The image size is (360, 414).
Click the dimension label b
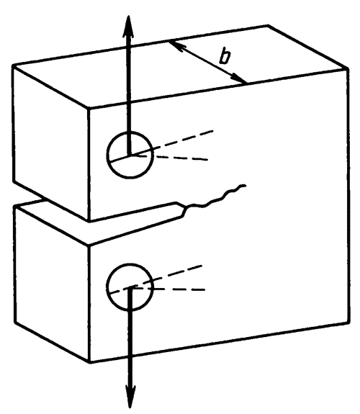(x=225, y=57)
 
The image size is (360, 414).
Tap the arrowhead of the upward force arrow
(x=128, y=27)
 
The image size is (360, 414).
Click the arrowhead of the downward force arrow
(x=130, y=397)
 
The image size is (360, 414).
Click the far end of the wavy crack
(x=246, y=186)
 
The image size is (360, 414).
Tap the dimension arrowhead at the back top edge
(x=176, y=45)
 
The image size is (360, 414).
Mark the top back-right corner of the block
(x=269, y=25)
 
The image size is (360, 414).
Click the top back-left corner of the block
(x=13, y=66)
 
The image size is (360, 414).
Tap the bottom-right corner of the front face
(x=348, y=322)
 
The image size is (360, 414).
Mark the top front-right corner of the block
(x=348, y=69)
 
